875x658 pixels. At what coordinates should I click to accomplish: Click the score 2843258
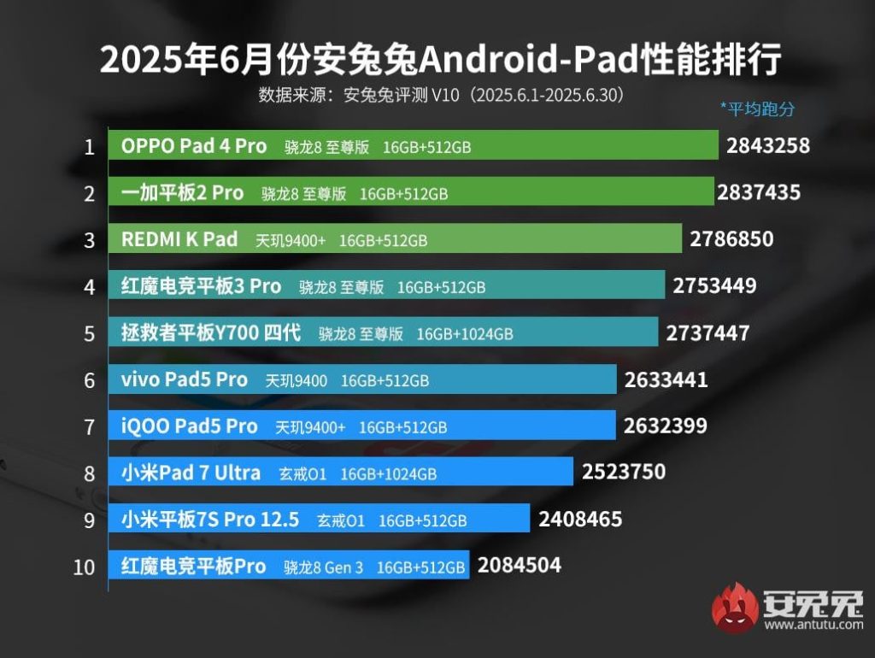767,145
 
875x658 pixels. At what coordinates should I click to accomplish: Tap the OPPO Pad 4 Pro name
194,146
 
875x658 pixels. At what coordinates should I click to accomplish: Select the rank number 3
89,240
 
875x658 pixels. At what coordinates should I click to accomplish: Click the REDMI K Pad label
179,239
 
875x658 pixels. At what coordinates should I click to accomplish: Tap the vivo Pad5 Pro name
185,379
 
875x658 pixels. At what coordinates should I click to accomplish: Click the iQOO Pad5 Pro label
189,426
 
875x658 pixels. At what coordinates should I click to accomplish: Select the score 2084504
519,565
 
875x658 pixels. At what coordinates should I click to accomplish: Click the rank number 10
85,567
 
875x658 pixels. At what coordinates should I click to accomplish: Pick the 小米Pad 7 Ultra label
191,473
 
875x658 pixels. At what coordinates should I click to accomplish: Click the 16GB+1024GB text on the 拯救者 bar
465,334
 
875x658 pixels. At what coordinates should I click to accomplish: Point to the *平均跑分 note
757,109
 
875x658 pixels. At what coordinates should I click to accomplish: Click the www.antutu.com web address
813,626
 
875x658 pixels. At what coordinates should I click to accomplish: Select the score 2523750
623,472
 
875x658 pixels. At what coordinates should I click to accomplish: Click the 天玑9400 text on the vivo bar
296,380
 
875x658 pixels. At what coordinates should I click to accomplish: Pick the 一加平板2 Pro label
182,193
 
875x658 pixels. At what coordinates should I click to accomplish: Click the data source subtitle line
441,94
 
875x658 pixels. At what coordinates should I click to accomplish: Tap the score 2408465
580,519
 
